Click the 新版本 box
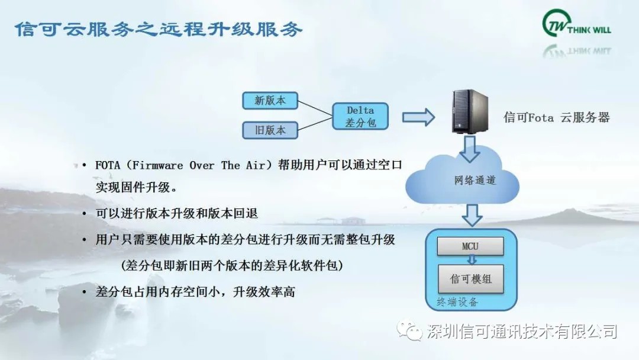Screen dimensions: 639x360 click(x=270, y=100)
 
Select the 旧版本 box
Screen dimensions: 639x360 click(x=270, y=130)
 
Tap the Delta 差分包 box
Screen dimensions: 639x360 click(x=360, y=116)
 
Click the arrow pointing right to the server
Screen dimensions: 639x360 click(x=418, y=117)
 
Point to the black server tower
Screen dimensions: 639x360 click(x=470, y=111)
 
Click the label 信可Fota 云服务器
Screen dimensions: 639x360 click(x=557, y=117)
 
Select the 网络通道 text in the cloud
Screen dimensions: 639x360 click(x=475, y=180)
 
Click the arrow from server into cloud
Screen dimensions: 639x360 click(x=469, y=149)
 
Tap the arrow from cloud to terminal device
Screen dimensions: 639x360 click(x=472, y=215)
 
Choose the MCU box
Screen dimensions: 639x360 click(x=470, y=246)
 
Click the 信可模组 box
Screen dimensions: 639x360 click(x=471, y=279)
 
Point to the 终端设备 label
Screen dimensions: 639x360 click(x=457, y=302)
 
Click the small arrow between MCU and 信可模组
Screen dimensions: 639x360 click(x=472, y=260)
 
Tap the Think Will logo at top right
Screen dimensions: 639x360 click(x=577, y=24)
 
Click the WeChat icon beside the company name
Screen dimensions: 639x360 click(x=409, y=330)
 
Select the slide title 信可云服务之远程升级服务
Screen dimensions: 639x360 click(x=159, y=29)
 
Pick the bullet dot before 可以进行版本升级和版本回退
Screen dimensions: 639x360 click(x=85, y=214)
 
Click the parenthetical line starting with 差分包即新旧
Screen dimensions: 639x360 click(x=232, y=265)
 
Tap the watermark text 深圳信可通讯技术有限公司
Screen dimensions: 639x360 click(x=522, y=331)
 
